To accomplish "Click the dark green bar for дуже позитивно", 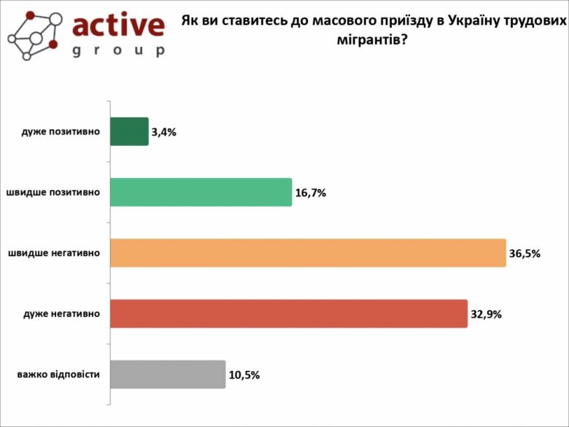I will [x=129, y=132].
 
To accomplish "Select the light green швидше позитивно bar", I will [x=201, y=193].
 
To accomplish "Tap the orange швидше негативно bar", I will [x=307, y=253].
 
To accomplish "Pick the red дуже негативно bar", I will [x=288, y=314].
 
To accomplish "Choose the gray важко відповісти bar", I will [x=167, y=374].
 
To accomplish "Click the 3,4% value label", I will [x=164, y=133].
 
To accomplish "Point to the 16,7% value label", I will [x=310, y=193].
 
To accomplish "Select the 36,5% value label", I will [x=524, y=254].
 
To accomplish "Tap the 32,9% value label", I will [x=486, y=315].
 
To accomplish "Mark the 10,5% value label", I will [x=244, y=375].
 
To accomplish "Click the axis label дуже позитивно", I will [x=61, y=132].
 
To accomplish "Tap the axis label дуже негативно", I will [x=61, y=314].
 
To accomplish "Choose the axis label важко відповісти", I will [x=58, y=374].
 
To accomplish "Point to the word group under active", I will [x=118, y=51].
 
